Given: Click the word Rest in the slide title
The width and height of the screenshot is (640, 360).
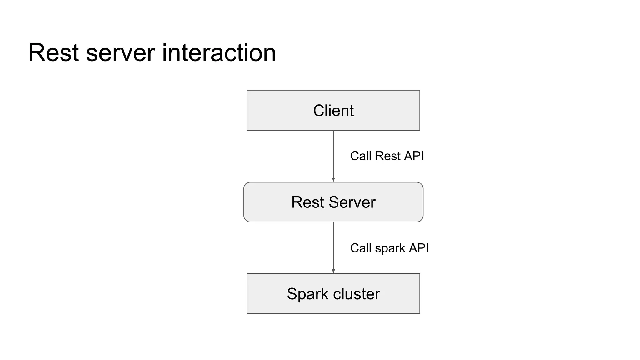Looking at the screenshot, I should (53, 53).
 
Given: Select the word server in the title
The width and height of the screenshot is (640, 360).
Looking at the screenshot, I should (120, 53).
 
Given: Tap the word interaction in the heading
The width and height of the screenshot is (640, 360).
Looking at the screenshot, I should (219, 53).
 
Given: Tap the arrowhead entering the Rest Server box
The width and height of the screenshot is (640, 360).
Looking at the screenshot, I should (333, 180).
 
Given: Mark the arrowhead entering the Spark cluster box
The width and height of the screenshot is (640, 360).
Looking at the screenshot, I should (333, 271).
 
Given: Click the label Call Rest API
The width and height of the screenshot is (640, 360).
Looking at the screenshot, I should (387, 156).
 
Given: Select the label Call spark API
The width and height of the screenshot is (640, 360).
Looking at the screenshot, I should (389, 248).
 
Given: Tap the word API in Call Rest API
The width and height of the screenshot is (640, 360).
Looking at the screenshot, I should (414, 156).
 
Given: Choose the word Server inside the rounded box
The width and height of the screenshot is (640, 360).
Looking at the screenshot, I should (352, 202).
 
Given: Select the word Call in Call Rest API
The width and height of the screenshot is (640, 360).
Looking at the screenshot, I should (361, 156).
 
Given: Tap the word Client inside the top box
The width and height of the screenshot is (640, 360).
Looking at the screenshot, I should (333, 111).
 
